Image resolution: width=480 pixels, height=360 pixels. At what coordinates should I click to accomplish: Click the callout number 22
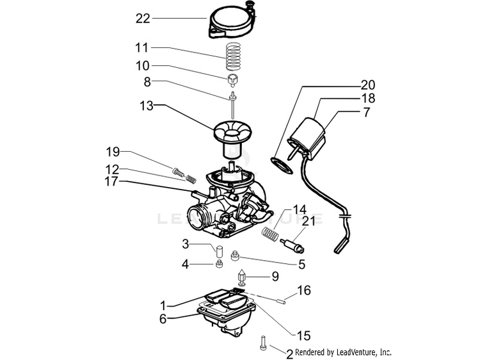(x=143, y=19)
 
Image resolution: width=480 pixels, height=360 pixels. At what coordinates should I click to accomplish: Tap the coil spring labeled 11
(x=233, y=56)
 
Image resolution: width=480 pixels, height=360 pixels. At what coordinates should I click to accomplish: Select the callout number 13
(x=147, y=106)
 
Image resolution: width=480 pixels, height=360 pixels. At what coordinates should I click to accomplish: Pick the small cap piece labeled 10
(x=233, y=80)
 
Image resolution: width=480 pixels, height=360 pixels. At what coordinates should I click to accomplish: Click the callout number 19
(x=113, y=152)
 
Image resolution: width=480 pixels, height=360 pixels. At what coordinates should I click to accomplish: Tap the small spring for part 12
(x=191, y=179)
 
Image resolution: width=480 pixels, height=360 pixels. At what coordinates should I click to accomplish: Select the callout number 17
(x=111, y=181)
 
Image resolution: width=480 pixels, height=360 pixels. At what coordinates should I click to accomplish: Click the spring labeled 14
(x=270, y=234)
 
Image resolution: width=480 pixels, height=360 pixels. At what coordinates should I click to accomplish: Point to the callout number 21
(x=308, y=221)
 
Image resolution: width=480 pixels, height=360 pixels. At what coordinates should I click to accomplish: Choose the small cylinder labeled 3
(x=219, y=251)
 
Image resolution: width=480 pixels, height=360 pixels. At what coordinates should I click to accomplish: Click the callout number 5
(x=302, y=264)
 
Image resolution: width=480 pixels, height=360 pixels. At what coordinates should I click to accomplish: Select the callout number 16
(x=304, y=290)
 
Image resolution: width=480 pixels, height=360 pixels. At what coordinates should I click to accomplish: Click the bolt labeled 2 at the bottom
(x=262, y=343)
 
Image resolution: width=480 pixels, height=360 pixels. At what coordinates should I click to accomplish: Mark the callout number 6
(x=163, y=319)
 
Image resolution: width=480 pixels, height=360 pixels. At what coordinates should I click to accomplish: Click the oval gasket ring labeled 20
(x=282, y=165)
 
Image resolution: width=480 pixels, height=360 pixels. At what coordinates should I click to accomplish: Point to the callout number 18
(x=368, y=99)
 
